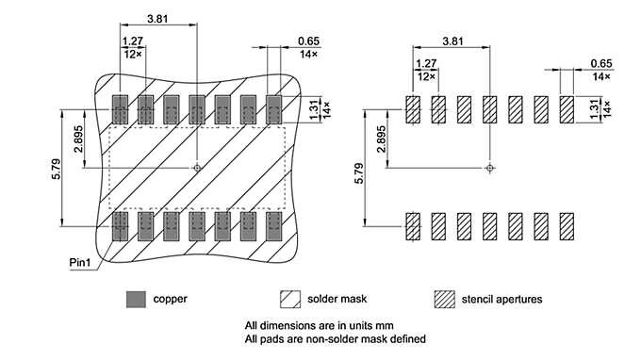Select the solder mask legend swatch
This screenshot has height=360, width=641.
[290, 299]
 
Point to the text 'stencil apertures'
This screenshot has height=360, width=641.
[502, 299]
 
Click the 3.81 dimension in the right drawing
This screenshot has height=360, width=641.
[452, 41]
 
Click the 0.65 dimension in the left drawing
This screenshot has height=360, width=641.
[307, 41]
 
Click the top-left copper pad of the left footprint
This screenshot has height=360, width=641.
[121, 109]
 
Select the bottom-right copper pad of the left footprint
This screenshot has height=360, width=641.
[274, 225]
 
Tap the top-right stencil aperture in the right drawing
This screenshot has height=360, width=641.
[567, 109]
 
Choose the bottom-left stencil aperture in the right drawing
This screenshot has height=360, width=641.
[413, 225]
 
